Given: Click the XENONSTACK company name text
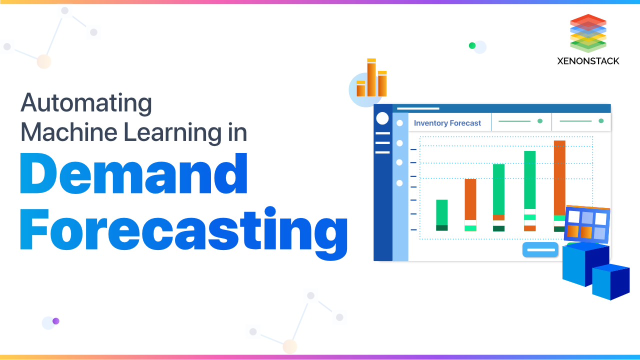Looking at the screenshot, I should tap(588, 61).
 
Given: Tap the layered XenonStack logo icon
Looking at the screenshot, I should tap(588, 33).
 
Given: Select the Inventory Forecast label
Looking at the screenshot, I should tap(447, 123).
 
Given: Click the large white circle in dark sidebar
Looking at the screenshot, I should tap(382, 118).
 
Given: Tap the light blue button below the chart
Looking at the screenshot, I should tap(540, 249).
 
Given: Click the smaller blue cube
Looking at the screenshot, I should tap(610, 281).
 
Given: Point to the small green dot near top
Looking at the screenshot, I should tap(472, 45).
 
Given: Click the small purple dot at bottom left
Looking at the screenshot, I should tap(56, 321).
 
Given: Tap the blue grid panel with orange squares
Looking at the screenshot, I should tap(587, 224).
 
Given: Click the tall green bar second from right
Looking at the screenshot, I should tap(529, 179).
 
